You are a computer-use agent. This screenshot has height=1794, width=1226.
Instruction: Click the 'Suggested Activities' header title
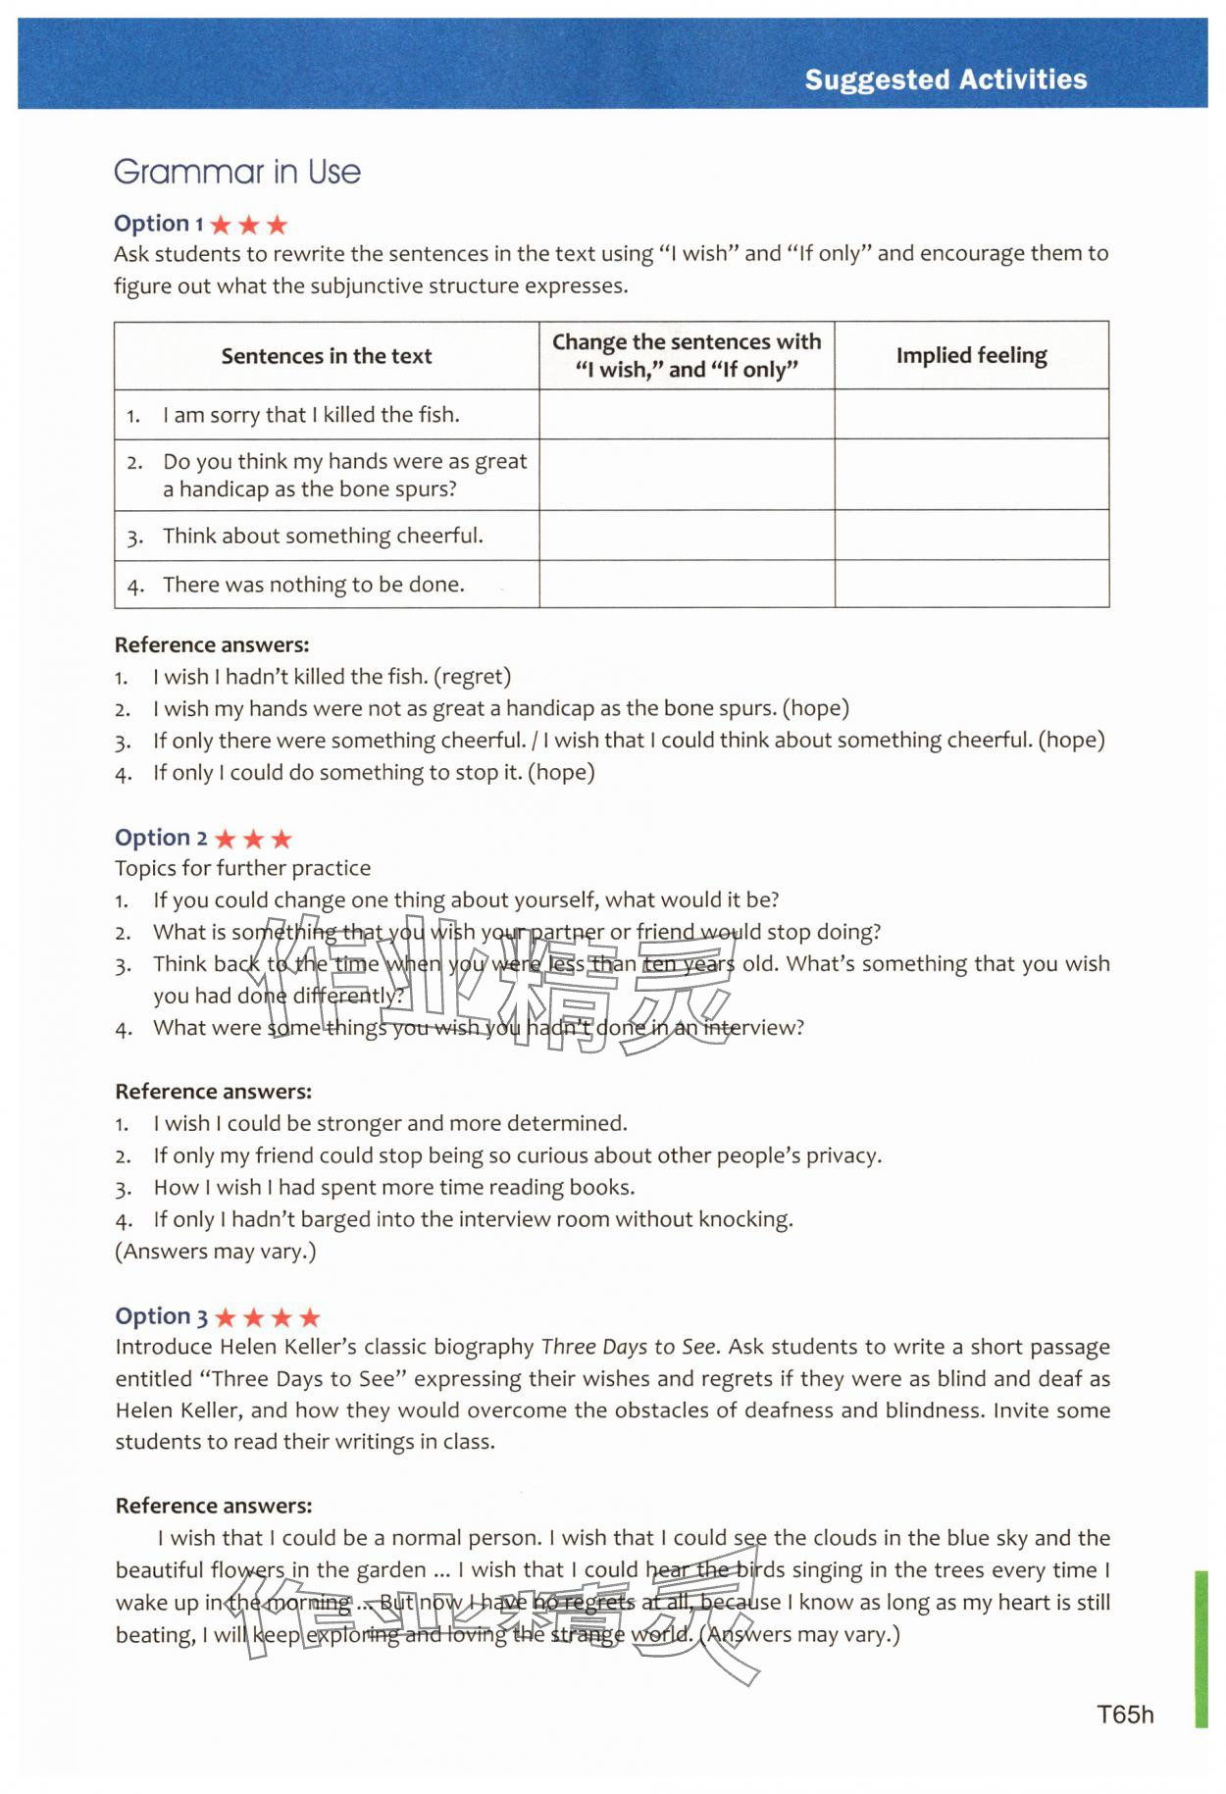pyautogui.click(x=945, y=79)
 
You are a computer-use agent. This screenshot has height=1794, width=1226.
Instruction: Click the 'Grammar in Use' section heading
pyautogui.click(x=237, y=172)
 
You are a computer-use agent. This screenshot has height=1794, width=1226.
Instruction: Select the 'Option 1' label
pyautogui.click(x=158, y=224)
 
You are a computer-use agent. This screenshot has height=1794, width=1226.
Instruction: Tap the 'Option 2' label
pyautogui.click(x=161, y=838)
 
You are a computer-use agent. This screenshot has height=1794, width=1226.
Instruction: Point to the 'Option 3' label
pyautogui.click(x=161, y=1316)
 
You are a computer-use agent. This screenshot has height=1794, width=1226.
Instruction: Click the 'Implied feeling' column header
pyautogui.click(x=971, y=355)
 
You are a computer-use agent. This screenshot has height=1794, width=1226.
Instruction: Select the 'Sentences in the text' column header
pyautogui.click(x=326, y=356)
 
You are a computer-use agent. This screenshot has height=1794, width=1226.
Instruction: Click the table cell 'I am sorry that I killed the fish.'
pyautogui.click(x=311, y=415)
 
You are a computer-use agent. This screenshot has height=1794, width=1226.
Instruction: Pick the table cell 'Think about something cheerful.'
pyautogui.click(x=323, y=536)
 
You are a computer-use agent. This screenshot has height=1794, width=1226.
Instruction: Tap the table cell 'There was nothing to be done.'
pyautogui.click(x=314, y=585)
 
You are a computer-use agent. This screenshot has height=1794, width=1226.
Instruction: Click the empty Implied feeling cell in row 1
pyautogui.click(x=971, y=415)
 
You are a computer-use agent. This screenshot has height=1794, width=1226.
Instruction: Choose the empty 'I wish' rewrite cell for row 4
pyautogui.click(x=687, y=585)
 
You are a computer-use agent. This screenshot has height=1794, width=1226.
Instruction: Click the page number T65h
pyautogui.click(x=1125, y=1714)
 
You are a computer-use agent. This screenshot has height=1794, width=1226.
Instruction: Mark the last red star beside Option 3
pyautogui.click(x=310, y=1317)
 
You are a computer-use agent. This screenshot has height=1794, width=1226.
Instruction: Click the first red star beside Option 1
pyautogui.click(x=221, y=225)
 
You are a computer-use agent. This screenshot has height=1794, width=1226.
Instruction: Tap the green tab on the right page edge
pyautogui.click(x=1200, y=1648)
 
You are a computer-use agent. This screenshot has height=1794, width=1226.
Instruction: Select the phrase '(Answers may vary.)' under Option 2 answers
pyautogui.click(x=216, y=1252)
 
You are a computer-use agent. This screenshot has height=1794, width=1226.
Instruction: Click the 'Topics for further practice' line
pyautogui.click(x=242, y=868)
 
